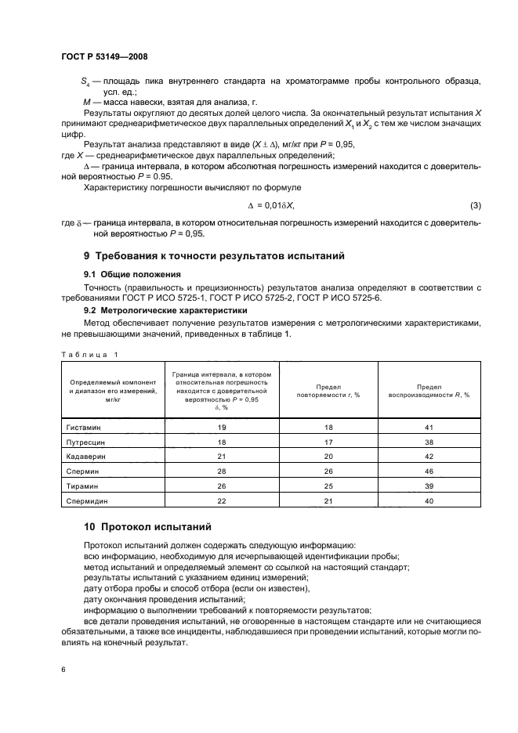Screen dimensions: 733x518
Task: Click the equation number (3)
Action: pyautogui.click(x=475, y=206)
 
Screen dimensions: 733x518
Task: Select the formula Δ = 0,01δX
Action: pyautogui.click(x=270, y=206)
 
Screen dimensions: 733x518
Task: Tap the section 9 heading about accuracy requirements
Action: pyautogui.click(x=214, y=256)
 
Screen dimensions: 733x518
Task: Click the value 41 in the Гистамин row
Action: pyautogui.click(x=429, y=428)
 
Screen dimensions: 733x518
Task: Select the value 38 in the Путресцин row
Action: pyautogui.click(x=429, y=442)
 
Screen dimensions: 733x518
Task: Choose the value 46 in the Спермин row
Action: pyautogui.click(x=429, y=471)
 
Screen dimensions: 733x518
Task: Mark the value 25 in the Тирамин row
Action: pyautogui.click(x=328, y=486)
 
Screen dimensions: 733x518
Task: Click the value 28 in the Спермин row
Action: pyautogui.click(x=221, y=471)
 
